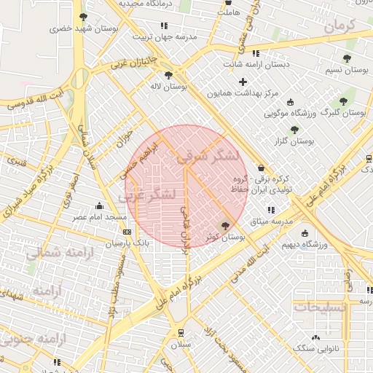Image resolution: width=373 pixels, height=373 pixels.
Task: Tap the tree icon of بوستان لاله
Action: [x=168, y=74]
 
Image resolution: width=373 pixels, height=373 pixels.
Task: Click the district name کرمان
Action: [x=339, y=26]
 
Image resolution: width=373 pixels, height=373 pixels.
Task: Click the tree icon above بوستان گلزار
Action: [x=294, y=130]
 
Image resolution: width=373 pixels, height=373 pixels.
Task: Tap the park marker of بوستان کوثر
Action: [x=224, y=226]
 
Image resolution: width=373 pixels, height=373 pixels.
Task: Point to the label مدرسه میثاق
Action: [x=270, y=220]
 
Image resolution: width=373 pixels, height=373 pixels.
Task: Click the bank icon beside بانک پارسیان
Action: [x=128, y=232]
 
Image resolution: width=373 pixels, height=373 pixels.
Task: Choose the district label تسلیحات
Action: [x=321, y=307]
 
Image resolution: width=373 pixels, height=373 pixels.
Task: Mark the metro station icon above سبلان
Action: [x=181, y=332]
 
